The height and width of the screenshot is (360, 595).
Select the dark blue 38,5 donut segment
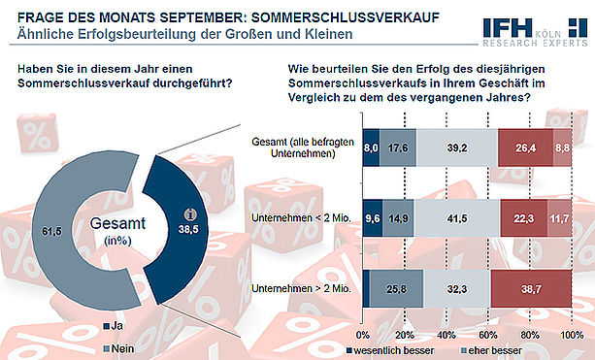click(x=182, y=231)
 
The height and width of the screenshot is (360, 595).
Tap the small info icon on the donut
click(x=190, y=214)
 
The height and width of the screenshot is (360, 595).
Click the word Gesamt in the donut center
click(x=117, y=223)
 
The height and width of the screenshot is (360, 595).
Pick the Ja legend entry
click(x=114, y=326)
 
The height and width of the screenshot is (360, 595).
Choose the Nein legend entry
click(x=118, y=348)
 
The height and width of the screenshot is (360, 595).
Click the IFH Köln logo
click(x=535, y=33)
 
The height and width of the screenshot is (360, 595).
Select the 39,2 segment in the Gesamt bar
click(x=457, y=147)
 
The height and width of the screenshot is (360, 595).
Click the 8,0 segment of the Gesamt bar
click(x=371, y=147)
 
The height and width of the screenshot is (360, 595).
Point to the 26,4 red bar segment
click(x=525, y=147)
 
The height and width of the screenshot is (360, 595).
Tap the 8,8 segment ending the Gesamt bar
click(x=562, y=147)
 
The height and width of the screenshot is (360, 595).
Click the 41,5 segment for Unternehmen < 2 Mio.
click(x=457, y=218)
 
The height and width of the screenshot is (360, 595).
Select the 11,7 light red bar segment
click(x=559, y=218)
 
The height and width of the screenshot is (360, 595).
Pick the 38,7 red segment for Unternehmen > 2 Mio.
click(x=531, y=289)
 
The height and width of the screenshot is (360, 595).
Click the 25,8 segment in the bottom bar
click(x=396, y=289)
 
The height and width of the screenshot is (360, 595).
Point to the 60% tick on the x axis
click(x=488, y=336)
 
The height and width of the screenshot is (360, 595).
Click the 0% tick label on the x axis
click(x=363, y=336)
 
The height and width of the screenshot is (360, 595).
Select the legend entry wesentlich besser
click(x=390, y=350)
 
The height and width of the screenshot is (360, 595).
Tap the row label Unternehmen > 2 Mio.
click(x=301, y=289)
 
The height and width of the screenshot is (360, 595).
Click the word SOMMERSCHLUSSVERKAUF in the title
click(x=346, y=17)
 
